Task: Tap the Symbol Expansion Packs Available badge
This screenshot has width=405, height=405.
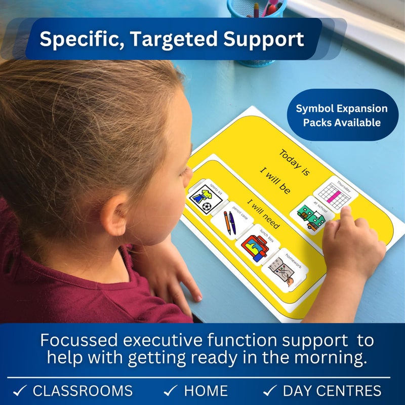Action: pyautogui.click(x=342, y=115)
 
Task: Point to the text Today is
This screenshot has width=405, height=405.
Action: pyautogui.click(x=294, y=162)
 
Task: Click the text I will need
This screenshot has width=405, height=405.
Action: pyautogui.click(x=263, y=213)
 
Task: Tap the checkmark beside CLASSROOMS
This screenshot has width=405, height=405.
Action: pyautogui.click(x=20, y=391)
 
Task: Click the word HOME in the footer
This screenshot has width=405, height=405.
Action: pyautogui.click(x=206, y=391)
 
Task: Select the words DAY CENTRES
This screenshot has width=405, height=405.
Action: pyautogui.click(x=332, y=391)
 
